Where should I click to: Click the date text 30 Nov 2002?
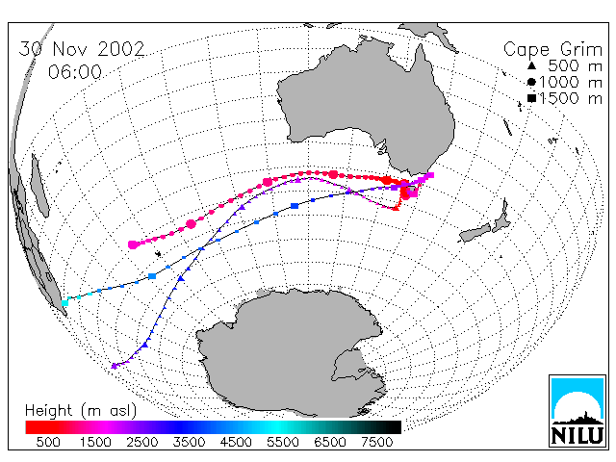click(82, 49)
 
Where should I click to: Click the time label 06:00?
click(75, 72)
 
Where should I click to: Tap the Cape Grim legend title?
click(552, 50)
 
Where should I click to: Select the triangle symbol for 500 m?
click(531, 65)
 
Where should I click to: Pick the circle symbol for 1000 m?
click(531, 82)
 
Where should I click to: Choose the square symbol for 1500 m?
click(531, 98)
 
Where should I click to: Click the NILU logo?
click(577, 411)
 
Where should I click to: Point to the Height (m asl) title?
click(81, 411)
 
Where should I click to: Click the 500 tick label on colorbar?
click(48, 442)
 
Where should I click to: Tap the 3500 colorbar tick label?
click(189, 442)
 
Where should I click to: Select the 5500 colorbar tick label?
click(283, 442)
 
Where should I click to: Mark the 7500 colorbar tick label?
click(376, 442)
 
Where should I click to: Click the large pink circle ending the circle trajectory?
click(133, 244)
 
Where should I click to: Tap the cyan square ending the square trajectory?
click(64, 303)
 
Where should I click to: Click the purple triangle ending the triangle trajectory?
click(115, 366)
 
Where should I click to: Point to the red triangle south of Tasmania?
click(396, 208)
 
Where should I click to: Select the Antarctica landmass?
click(291, 349)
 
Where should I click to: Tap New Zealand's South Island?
click(475, 233)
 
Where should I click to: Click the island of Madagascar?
click(40, 186)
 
